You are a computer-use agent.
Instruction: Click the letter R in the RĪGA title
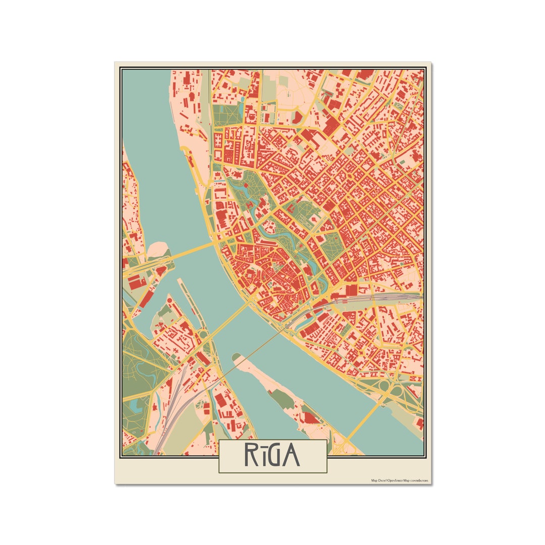click(251, 456)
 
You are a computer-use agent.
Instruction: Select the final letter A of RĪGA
click(291, 456)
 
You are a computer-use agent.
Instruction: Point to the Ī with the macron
click(262, 456)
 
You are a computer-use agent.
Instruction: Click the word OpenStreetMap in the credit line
click(398, 481)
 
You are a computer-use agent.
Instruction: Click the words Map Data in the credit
click(378, 481)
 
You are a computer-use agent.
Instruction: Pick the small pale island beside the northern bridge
click(158, 248)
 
